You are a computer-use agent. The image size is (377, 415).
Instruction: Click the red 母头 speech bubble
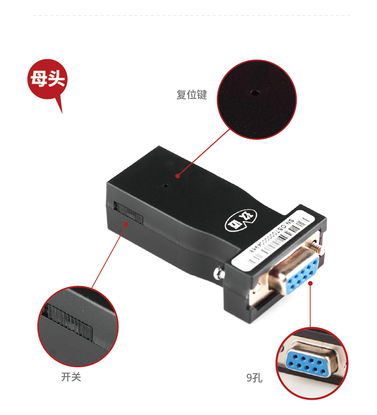[47, 79]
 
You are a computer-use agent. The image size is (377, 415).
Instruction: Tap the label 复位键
[192, 95]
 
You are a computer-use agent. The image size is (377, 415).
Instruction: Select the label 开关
[71, 377]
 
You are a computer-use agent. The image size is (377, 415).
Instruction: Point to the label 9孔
[254, 378]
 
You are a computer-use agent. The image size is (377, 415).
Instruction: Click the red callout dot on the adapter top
[177, 175]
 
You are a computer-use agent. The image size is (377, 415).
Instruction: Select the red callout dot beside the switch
[126, 224]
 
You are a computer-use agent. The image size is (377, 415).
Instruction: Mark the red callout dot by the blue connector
[311, 283]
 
